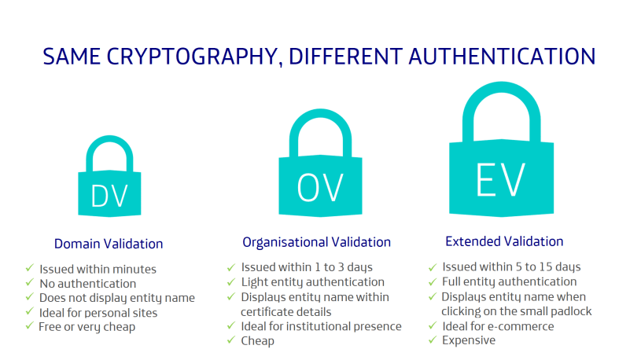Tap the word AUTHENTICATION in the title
click(x=502, y=57)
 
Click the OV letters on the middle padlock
click(x=320, y=188)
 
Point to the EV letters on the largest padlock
click(x=501, y=180)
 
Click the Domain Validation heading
click(x=109, y=244)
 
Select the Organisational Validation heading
click(x=316, y=242)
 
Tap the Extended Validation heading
click(x=504, y=241)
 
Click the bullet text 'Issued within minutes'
click(x=98, y=270)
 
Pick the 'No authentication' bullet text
click(x=87, y=284)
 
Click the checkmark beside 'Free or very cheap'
click(x=29, y=325)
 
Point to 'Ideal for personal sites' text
click(x=98, y=313)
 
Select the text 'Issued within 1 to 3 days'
click(x=307, y=267)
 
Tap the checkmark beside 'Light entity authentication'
click(x=231, y=281)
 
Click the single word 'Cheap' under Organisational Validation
click(x=257, y=341)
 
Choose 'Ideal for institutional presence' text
click(x=321, y=326)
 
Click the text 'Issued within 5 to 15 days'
click(x=511, y=266)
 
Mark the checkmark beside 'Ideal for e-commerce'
click(x=433, y=325)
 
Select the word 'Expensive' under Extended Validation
click(x=469, y=340)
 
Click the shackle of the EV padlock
click(x=501, y=86)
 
